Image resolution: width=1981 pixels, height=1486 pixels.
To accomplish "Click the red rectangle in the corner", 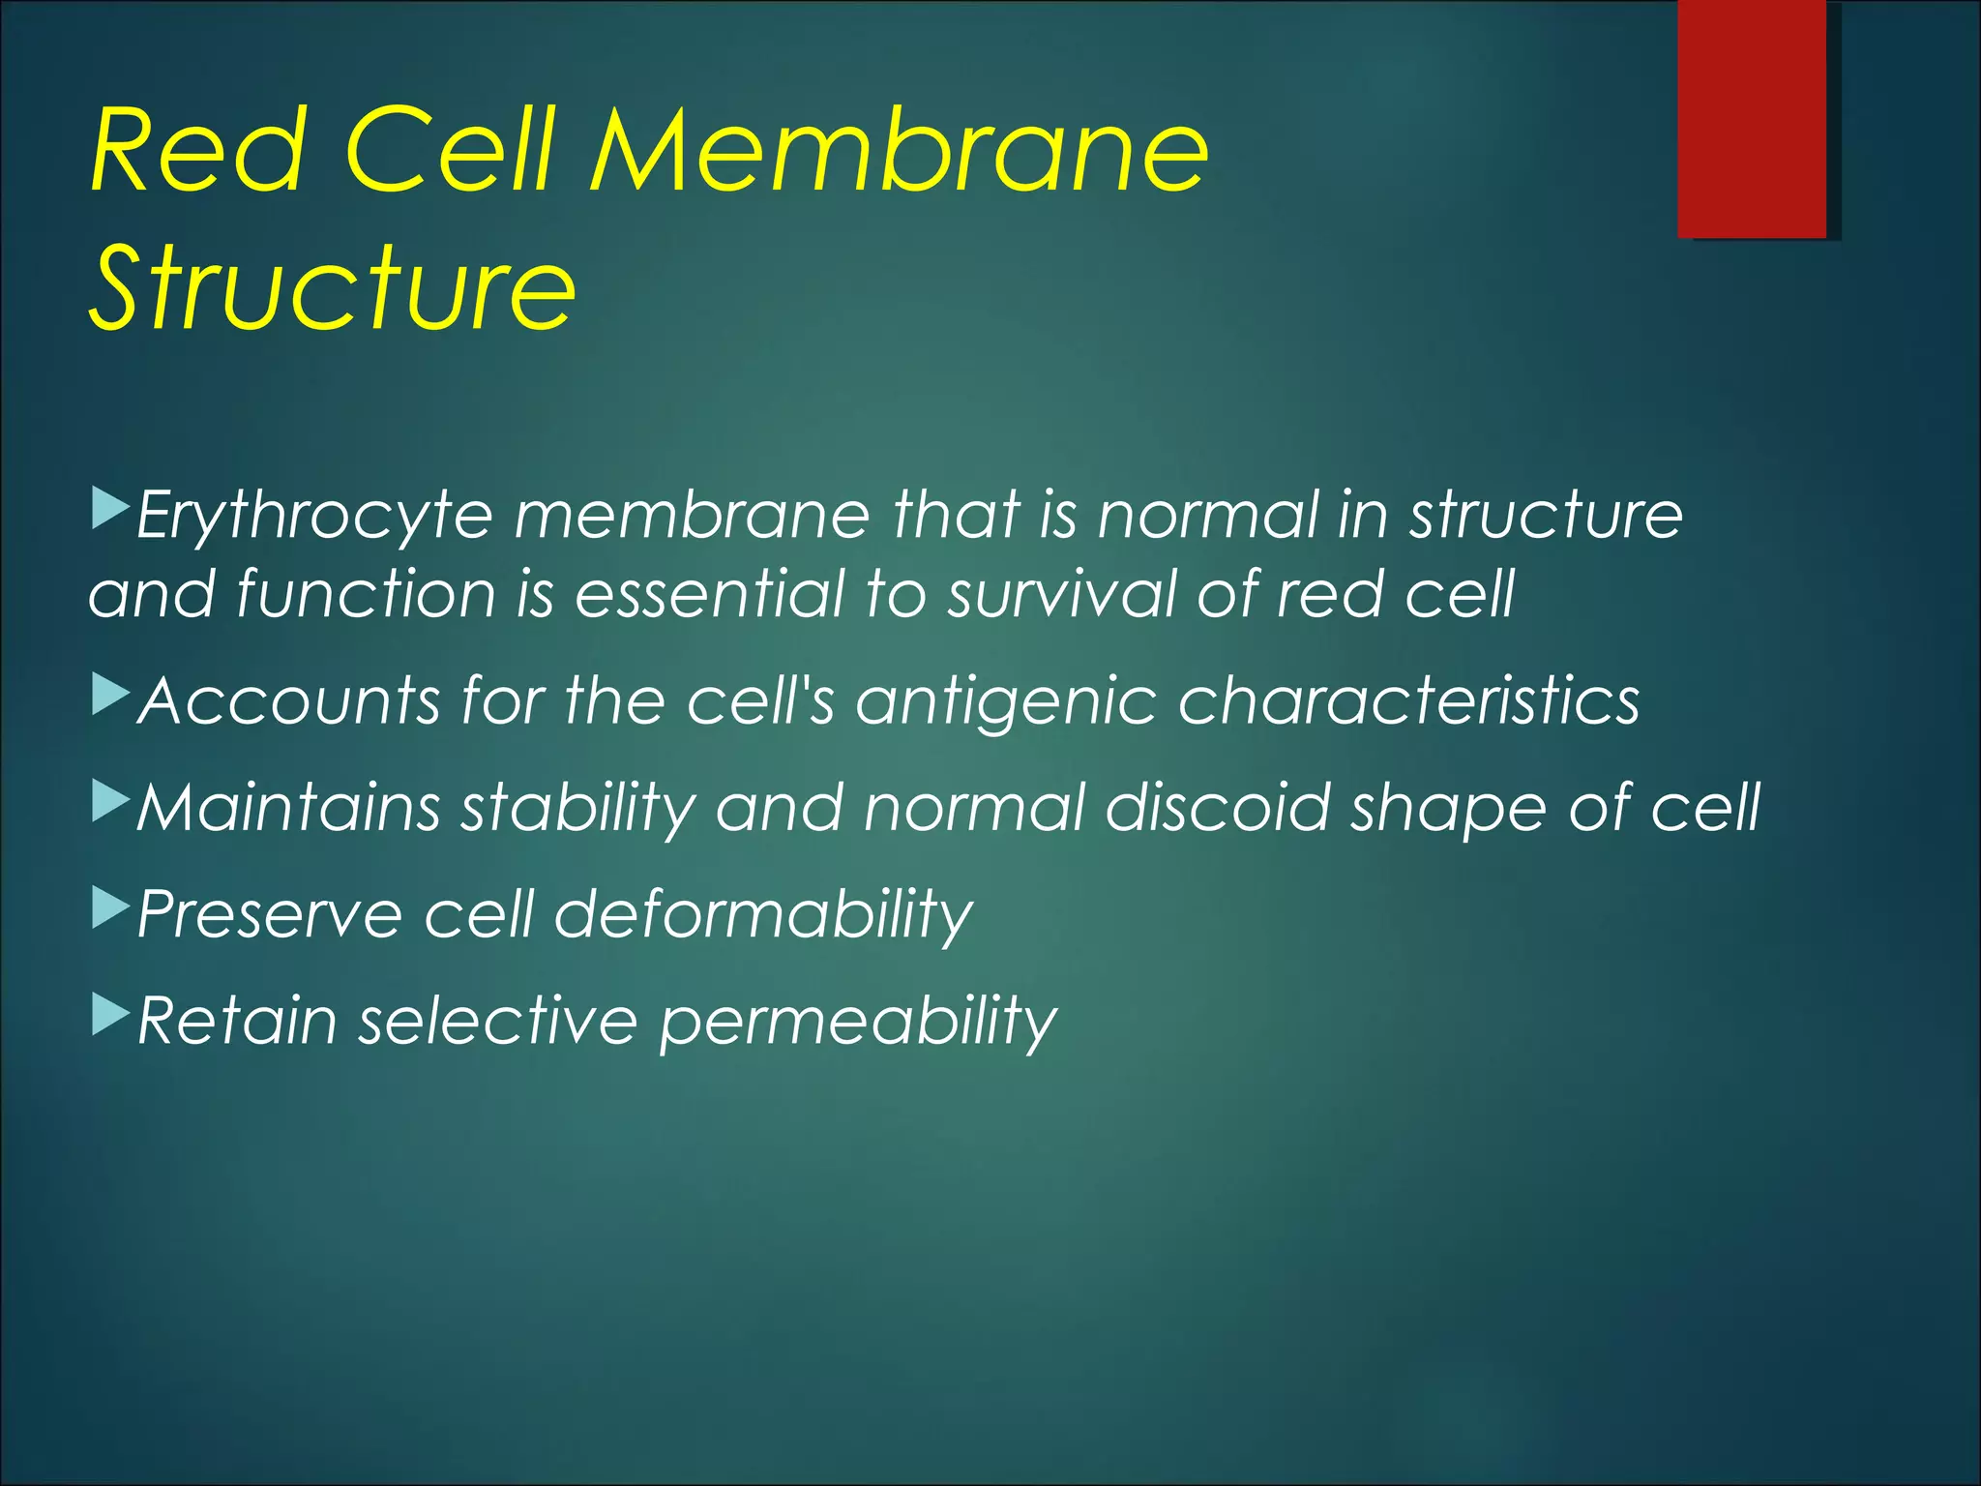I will pos(1752,118).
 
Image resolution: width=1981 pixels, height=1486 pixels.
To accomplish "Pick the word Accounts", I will pos(290,700).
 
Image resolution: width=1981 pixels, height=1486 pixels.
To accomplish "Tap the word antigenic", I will pos(1005,702).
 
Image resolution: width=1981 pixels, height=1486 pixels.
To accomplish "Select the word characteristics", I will pos(1408,700).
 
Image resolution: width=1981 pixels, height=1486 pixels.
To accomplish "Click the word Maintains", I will pos(289,808).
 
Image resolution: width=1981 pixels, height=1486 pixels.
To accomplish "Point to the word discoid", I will pos(1218,808).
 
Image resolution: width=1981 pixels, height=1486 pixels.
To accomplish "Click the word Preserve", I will pos(270,914).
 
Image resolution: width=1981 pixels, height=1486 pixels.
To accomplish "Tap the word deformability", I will pos(763,915).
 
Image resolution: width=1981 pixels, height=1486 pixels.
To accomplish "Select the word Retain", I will pos(237,1021).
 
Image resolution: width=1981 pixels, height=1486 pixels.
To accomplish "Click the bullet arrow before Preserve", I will pos(110,907).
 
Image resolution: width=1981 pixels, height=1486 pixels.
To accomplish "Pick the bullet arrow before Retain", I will pos(110,1014).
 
